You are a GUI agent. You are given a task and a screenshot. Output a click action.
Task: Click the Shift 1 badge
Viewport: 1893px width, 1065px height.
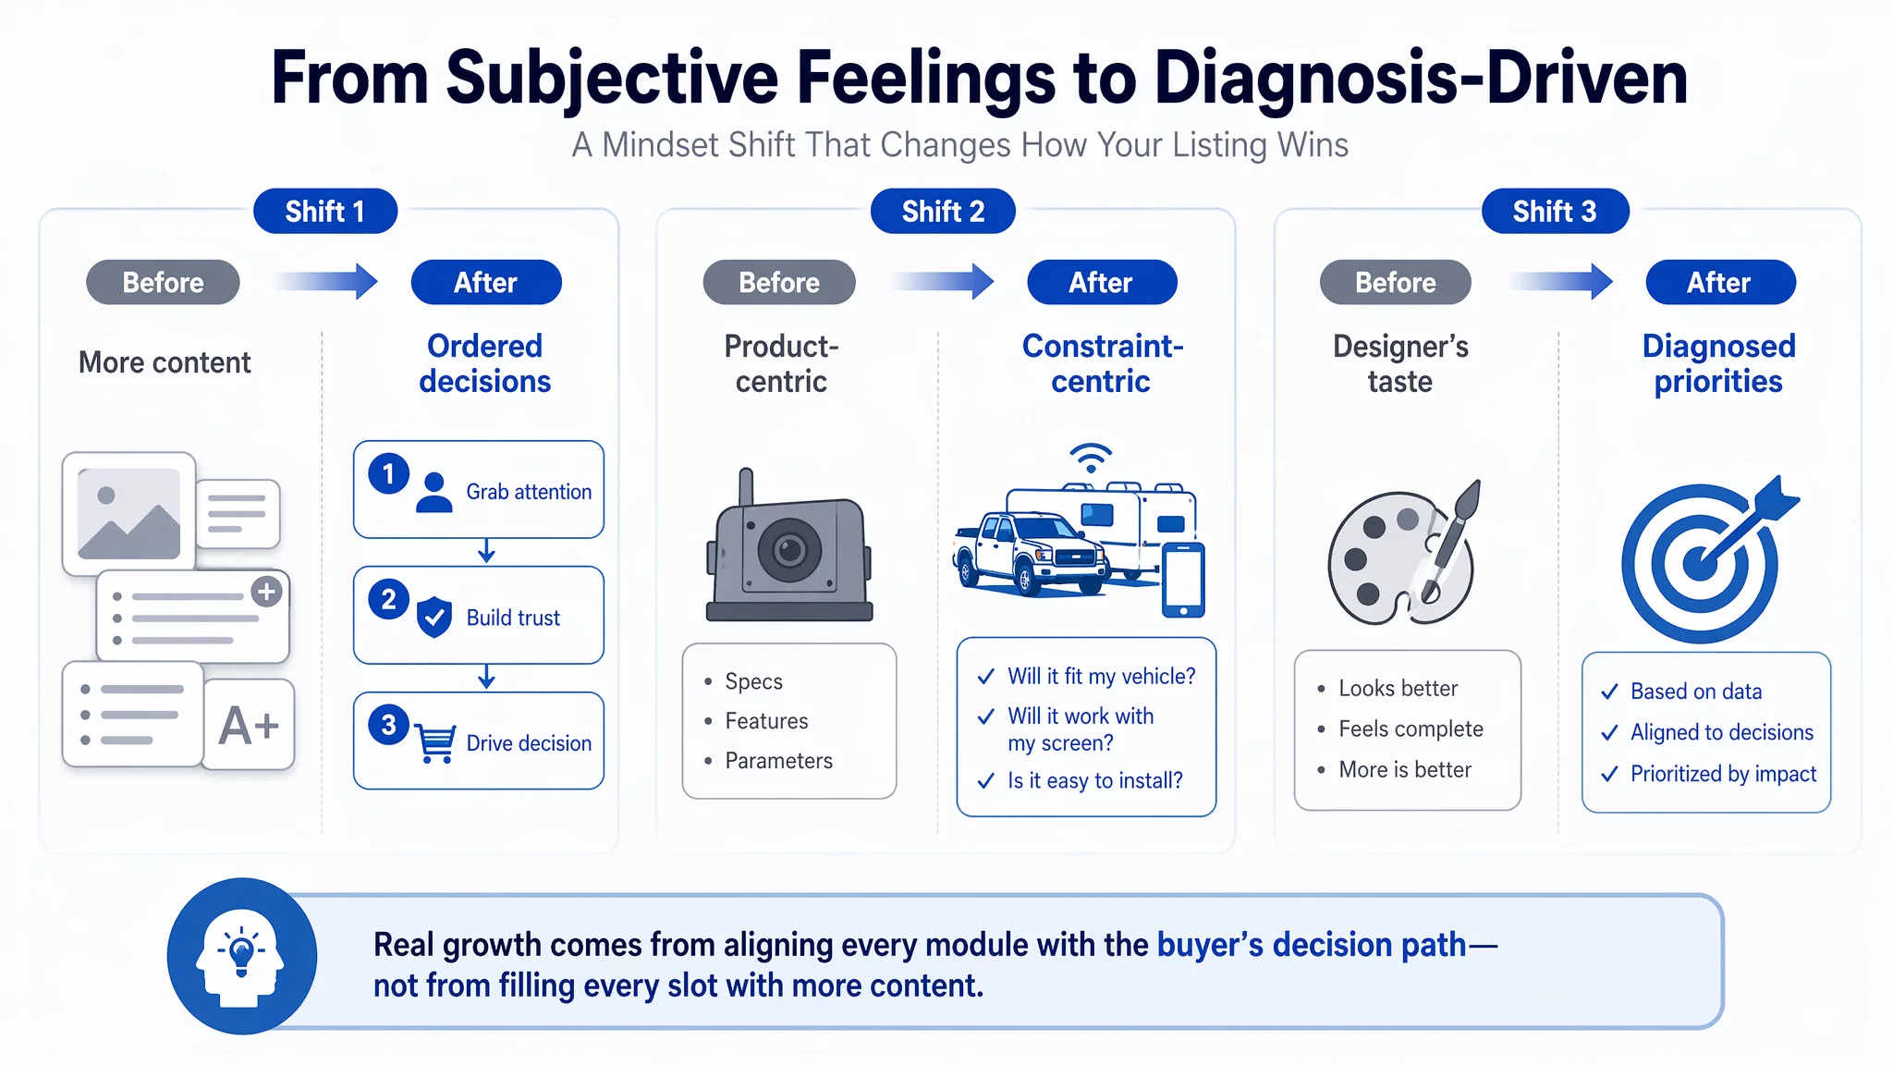[x=325, y=212]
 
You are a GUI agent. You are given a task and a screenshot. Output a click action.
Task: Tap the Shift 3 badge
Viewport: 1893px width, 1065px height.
[x=1555, y=212]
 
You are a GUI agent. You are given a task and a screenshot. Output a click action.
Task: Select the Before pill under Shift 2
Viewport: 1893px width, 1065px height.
[x=779, y=282]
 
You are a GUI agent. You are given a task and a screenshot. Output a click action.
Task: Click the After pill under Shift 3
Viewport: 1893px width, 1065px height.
[x=1720, y=282]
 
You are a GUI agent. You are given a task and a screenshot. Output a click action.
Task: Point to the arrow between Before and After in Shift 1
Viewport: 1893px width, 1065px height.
[x=326, y=281]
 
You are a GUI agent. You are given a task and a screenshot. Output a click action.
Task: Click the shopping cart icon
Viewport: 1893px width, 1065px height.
[x=434, y=742]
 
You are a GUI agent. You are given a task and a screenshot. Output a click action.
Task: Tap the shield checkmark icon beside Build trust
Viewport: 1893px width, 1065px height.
[x=434, y=617]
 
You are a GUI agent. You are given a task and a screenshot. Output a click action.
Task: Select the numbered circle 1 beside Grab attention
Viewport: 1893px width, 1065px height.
[x=389, y=473]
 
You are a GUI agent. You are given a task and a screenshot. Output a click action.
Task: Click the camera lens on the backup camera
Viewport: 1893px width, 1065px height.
[x=789, y=550]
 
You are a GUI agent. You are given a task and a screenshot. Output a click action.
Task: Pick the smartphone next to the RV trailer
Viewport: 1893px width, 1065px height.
[x=1183, y=581]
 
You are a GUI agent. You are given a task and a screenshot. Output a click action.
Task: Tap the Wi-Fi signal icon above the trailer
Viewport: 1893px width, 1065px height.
[x=1091, y=457]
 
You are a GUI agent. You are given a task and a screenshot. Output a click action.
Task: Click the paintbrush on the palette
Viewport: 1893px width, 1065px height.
[x=1450, y=541]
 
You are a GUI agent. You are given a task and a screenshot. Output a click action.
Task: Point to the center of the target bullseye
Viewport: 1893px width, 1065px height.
[x=1699, y=562]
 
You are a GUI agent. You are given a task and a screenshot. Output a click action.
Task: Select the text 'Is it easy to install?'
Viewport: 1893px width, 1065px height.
[x=1094, y=780]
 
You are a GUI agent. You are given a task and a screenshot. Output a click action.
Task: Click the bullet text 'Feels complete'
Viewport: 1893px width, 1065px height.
[x=1411, y=728]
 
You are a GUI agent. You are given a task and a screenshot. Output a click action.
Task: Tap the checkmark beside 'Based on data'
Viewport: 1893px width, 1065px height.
[x=1609, y=692]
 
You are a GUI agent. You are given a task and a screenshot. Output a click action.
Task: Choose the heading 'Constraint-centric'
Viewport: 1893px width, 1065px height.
[x=1102, y=363]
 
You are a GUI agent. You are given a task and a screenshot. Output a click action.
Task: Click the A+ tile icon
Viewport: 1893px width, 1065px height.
[x=249, y=725]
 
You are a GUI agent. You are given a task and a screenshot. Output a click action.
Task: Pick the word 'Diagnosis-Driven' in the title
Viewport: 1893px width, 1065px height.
[x=1421, y=78]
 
